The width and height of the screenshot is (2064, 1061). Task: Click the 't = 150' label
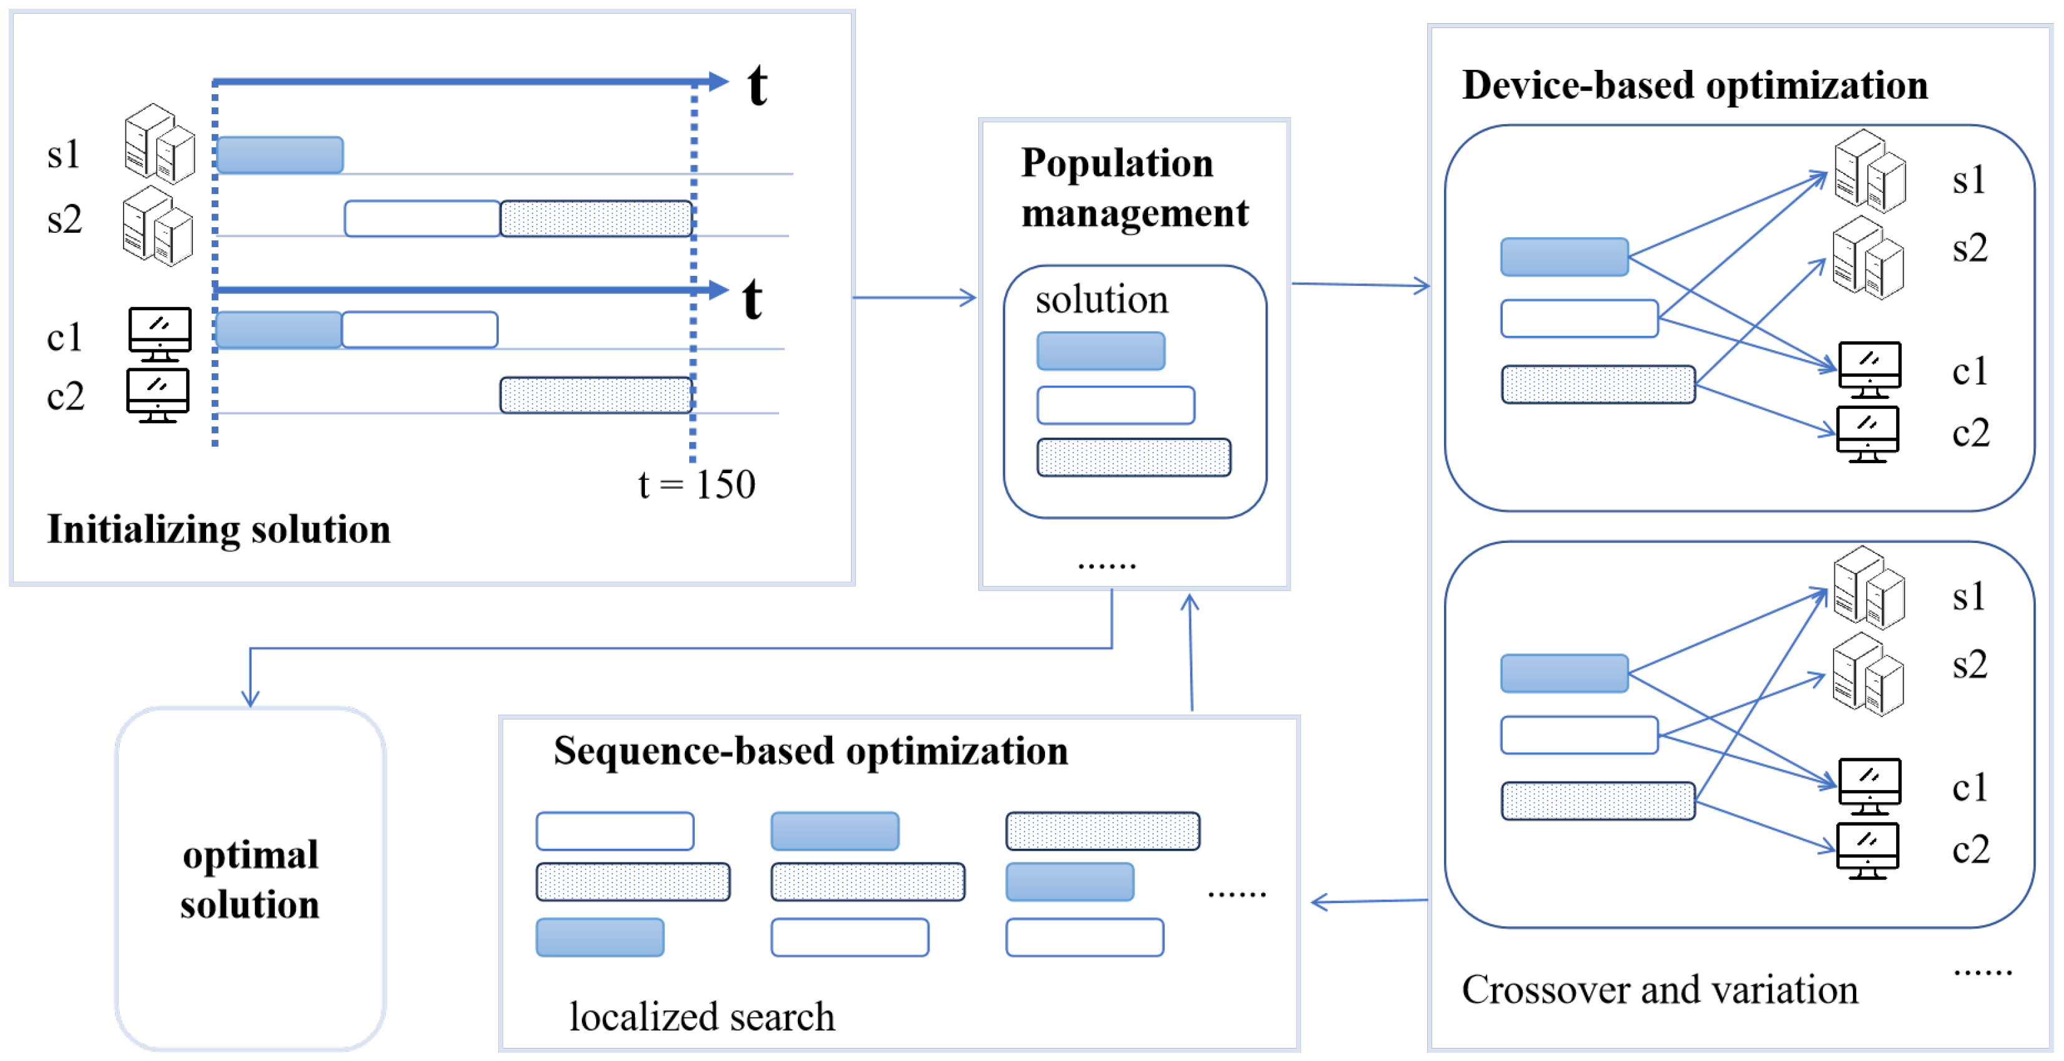click(695, 484)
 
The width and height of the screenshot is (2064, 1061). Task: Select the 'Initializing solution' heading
click(218, 529)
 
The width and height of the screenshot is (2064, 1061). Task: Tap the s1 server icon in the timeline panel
click(159, 144)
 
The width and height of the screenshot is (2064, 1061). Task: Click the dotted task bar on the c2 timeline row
click(596, 395)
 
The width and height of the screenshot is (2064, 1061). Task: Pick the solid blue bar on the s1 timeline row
click(280, 155)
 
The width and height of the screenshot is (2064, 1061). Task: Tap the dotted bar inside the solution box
click(1133, 457)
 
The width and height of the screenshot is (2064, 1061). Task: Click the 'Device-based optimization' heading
click(1694, 85)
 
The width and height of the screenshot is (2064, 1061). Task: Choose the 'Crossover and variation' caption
click(1659, 990)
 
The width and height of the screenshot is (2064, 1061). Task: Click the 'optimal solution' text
click(250, 879)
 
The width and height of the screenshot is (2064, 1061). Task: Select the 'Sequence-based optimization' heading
click(810, 751)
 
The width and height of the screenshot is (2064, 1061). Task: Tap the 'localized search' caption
click(702, 1017)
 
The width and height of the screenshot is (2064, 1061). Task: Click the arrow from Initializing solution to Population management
click(913, 298)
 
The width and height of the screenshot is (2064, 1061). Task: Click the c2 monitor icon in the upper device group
click(1867, 434)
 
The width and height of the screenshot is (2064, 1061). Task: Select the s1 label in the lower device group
click(1968, 597)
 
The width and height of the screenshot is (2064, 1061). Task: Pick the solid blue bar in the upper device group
click(1563, 257)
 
